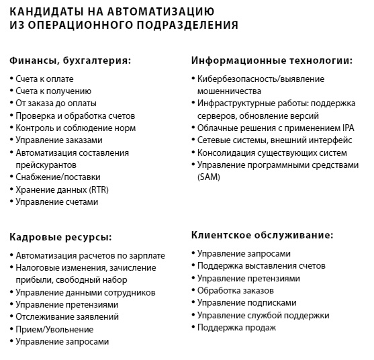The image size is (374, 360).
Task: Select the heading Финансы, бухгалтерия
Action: pyautogui.click(x=70, y=60)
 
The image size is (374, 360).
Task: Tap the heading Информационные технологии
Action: pyautogui.click(x=272, y=60)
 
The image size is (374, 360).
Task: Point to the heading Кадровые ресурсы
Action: pyautogui.click(x=60, y=237)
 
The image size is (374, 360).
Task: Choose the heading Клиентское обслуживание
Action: pyautogui.click(x=262, y=235)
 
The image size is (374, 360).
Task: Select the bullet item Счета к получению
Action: pyautogui.click(x=54, y=91)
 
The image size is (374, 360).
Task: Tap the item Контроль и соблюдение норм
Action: pyautogui.click(x=75, y=128)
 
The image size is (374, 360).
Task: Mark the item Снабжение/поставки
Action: pyautogui.click(x=57, y=177)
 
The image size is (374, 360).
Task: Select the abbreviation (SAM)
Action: pyautogui.click(x=208, y=177)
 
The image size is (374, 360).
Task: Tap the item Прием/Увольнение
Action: pyautogui.click(x=54, y=329)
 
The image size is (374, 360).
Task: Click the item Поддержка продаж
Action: pyautogui.click(x=236, y=327)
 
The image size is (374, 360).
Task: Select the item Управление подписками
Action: pyautogui.click(x=246, y=302)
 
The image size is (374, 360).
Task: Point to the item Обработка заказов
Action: pyautogui.click(x=236, y=290)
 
